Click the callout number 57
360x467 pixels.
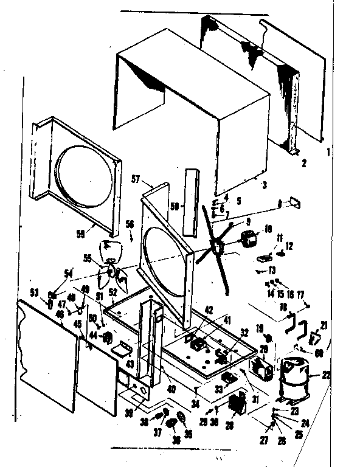pos(136,179)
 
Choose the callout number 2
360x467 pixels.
pos(304,163)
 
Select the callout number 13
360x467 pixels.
pos(272,269)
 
